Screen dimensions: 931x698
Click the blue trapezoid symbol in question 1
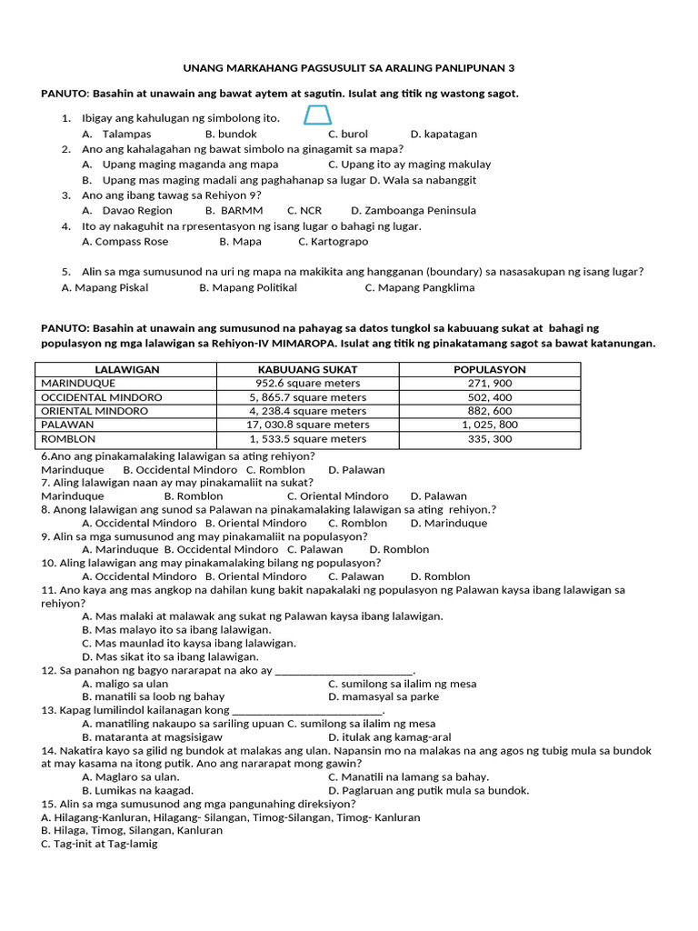[317, 115]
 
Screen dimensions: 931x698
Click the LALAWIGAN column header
[126, 370]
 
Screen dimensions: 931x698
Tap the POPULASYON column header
[489, 370]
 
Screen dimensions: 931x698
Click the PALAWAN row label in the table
[68, 425]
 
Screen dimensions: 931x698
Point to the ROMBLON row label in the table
[68, 438]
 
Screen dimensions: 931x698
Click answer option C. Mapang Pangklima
[419, 287]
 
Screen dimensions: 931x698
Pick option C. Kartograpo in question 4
[333, 242]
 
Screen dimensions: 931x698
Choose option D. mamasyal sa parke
[383, 696]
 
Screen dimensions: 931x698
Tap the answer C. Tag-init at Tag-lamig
[99, 844]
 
